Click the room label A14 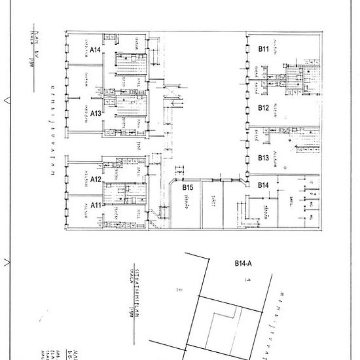[95, 48]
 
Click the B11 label [264, 48]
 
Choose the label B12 [264, 107]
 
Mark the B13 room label [264, 158]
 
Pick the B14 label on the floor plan [264, 185]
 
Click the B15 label [188, 187]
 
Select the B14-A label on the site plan [243, 264]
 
